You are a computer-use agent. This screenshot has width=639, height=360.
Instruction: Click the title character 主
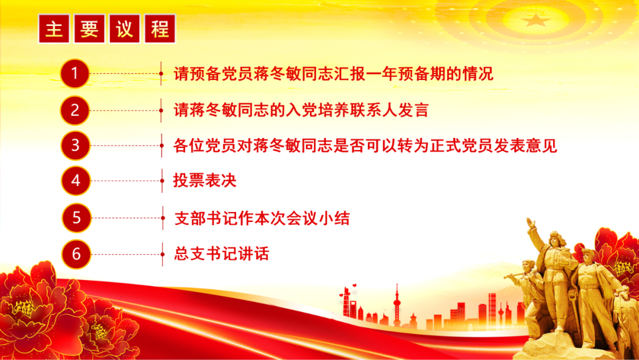[x=54, y=29]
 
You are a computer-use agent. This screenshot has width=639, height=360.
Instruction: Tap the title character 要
[x=89, y=29]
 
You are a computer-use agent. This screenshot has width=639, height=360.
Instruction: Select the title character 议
[x=125, y=29]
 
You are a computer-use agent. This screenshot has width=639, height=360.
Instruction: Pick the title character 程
[x=160, y=29]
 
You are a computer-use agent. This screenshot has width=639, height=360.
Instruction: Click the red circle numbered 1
[x=75, y=74]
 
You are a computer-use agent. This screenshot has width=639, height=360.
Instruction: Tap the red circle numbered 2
[x=75, y=110]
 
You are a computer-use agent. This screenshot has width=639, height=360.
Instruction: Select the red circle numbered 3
[x=75, y=146]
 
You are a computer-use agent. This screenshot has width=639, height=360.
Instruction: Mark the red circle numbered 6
[x=76, y=254]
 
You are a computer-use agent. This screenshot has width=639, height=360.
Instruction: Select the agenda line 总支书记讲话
[x=221, y=255]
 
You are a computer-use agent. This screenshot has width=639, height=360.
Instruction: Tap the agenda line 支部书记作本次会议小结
[x=262, y=218]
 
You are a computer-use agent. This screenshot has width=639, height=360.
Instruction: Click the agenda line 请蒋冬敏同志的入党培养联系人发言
[x=301, y=110]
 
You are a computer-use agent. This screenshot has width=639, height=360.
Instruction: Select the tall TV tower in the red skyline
[x=396, y=302]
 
